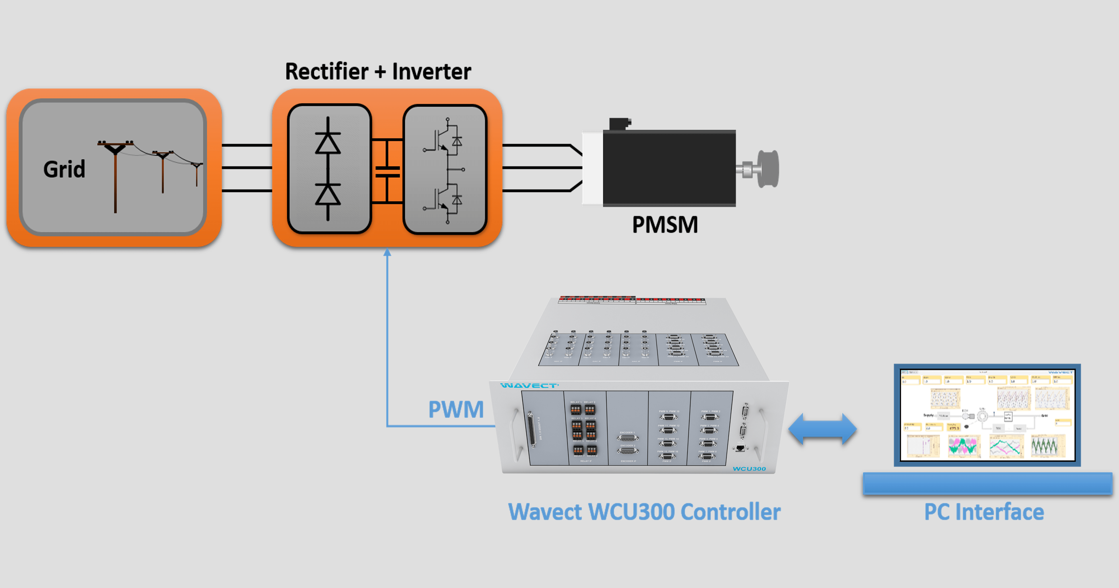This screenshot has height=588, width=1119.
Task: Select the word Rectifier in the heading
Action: tap(327, 72)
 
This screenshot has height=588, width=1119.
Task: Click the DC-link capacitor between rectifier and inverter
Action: tap(387, 172)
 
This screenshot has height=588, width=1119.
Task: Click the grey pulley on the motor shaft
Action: tap(768, 169)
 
